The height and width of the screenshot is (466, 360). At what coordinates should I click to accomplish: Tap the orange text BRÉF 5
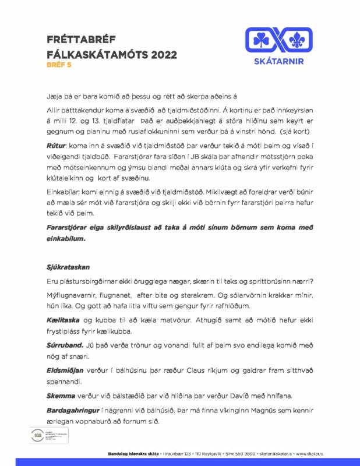click(59, 65)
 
